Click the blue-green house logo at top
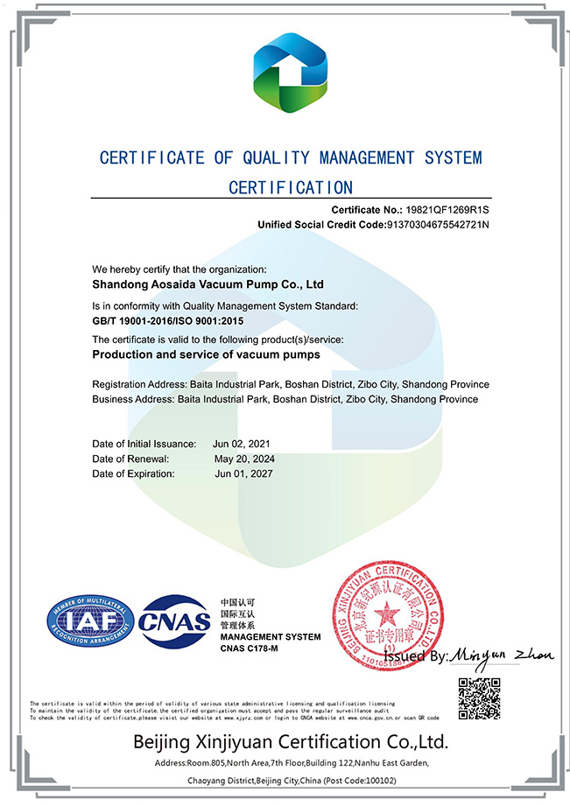[x=289, y=74]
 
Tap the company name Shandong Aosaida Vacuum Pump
[x=208, y=284]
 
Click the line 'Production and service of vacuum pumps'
[x=206, y=355]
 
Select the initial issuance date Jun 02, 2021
[x=243, y=444]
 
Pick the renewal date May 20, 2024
[x=243, y=459]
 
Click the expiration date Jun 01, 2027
[x=243, y=473]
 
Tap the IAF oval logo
[x=90, y=622]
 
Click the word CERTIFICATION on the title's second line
[x=291, y=187]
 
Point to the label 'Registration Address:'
[x=138, y=385]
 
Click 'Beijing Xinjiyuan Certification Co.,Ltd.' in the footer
[x=290, y=743]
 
